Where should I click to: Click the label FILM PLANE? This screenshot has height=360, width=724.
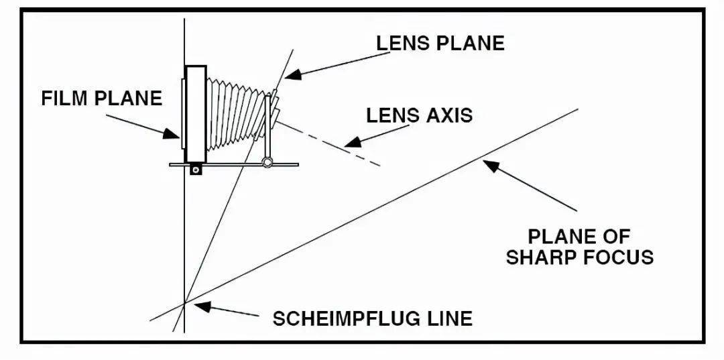[102, 98]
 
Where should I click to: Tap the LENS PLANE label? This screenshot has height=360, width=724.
[440, 43]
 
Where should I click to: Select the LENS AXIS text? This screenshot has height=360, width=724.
[419, 115]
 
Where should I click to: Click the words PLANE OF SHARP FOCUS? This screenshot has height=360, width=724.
[580, 247]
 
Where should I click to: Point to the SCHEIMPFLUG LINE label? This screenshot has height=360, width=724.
[372, 318]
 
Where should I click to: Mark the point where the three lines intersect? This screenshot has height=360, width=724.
[184, 304]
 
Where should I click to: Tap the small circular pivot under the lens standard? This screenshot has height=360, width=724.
[267, 162]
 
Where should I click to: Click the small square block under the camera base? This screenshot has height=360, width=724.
[195, 170]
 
